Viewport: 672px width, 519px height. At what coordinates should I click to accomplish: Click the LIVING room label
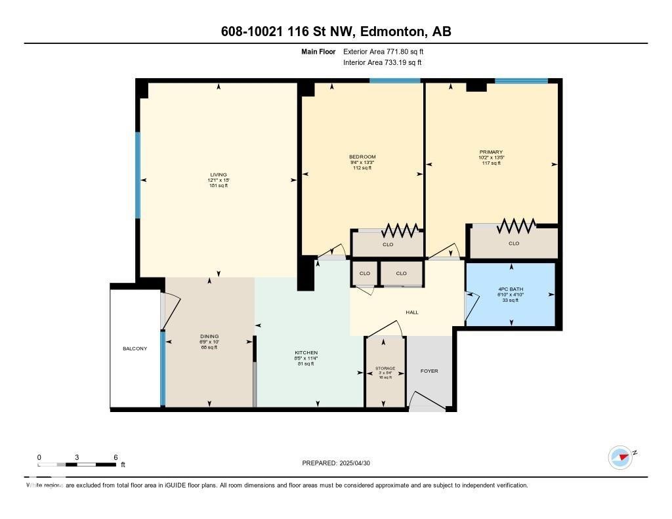(x=218, y=175)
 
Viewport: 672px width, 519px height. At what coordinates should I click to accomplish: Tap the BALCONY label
(x=135, y=348)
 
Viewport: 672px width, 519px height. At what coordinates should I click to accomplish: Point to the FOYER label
(x=429, y=371)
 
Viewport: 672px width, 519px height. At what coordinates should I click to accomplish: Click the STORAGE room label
(x=385, y=369)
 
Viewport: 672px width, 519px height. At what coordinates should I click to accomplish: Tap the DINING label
(x=209, y=336)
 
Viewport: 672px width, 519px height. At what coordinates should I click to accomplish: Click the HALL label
(x=411, y=312)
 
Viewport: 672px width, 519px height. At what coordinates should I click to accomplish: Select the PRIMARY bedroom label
(x=490, y=152)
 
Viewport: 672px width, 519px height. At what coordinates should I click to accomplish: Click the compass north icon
(x=620, y=457)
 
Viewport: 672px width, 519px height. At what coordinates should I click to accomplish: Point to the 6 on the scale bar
(x=115, y=457)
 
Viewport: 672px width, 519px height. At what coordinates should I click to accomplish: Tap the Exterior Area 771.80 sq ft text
(x=388, y=51)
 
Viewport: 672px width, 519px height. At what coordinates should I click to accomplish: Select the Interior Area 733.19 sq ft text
(x=382, y=63)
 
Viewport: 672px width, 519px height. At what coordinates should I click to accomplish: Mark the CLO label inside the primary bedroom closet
(x=514, y=243)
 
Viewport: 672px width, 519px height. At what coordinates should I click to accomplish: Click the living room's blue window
(x=138, y=175)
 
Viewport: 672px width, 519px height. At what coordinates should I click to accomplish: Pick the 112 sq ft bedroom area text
(x=362, y=168)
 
